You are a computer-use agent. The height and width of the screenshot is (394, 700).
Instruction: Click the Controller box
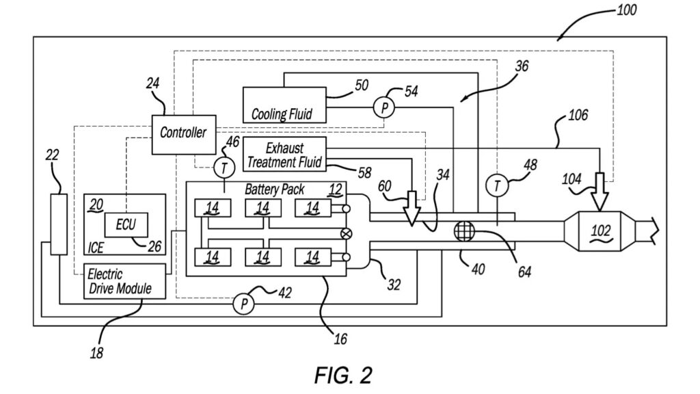coord(184,135)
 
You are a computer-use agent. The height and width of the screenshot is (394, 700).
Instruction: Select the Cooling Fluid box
coord(284,105)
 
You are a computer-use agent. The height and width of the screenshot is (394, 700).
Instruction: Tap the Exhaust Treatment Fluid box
coord(284,154)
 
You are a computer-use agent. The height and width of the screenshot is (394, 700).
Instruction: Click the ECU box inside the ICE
coord(126,224)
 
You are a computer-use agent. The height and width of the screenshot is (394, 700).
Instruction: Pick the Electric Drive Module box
coord(124,281)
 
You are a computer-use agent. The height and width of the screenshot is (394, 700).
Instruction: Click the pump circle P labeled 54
coord(384,107)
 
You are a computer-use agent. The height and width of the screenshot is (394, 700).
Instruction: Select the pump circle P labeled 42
coord(244,304)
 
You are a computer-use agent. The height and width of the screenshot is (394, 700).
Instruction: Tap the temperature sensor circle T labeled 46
coord(224,168)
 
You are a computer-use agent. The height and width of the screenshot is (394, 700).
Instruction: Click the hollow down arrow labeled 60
coord(412,208)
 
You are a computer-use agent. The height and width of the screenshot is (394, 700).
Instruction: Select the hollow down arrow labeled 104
coord(600,192)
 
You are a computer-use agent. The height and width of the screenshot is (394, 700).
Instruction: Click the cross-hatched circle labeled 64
coord(464,232)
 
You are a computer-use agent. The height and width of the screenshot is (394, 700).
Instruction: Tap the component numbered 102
coord(600,231)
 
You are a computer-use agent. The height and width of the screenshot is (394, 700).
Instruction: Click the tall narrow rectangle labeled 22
coord(59,224)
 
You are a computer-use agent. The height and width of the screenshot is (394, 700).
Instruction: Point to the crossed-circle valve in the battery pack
coord(346,233)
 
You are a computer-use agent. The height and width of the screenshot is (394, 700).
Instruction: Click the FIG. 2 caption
coord(343,376)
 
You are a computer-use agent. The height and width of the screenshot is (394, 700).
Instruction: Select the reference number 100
coord(626,10)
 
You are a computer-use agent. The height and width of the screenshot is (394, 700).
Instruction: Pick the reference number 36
coord(522,66)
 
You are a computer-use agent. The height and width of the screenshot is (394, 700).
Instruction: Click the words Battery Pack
coord(275,189)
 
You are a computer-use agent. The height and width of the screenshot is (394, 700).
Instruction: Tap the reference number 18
coord(96,354)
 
